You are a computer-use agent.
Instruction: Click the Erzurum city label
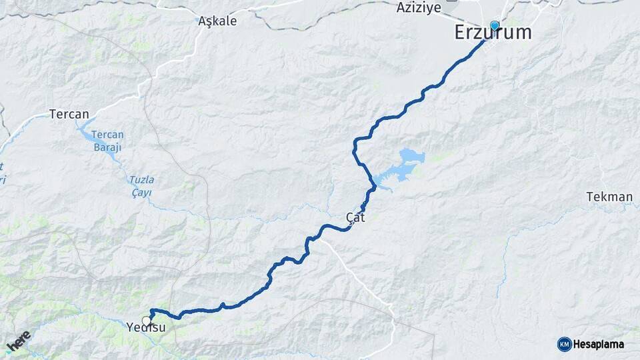pos(493,32)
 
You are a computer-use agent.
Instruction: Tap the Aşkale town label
pos(217,21)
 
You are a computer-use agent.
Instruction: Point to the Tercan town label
pos(69,114)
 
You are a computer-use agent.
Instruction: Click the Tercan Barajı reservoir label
pos(107,140)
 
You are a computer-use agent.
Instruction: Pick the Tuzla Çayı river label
pos(141,186)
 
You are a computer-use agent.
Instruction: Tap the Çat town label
pos(356,217)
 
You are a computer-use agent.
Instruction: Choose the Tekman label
pos(609,197)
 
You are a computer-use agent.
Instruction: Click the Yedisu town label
pos(145,328)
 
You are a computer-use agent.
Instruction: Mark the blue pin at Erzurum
pos(495,26)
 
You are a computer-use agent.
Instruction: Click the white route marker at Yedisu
pos(146,321)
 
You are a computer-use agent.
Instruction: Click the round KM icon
pos(564,344)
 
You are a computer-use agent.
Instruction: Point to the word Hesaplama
pos(598,345)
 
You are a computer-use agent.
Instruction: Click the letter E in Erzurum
pos(461,32)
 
